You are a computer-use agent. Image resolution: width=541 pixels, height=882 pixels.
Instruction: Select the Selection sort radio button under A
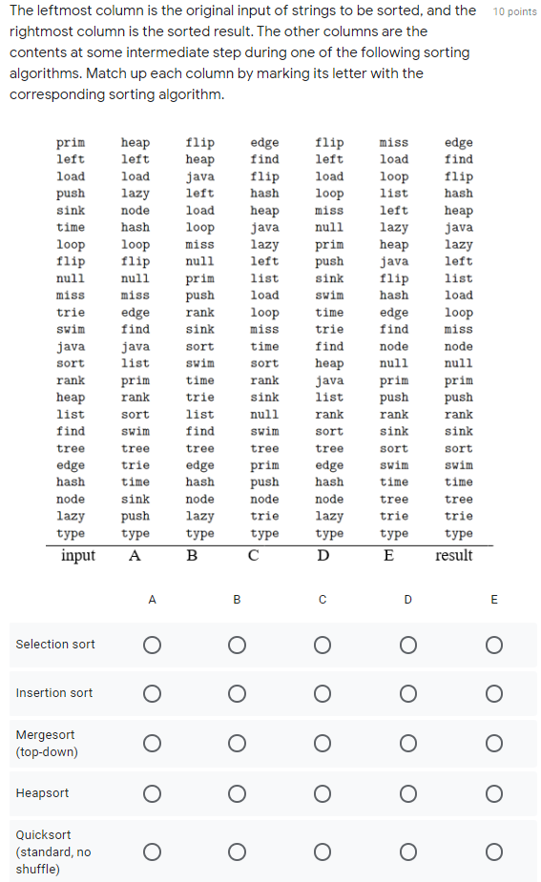pyautogui.click(x=152, y=645)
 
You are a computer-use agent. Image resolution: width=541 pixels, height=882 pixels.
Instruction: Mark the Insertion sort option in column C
pyautogui.click(x=323, y=693)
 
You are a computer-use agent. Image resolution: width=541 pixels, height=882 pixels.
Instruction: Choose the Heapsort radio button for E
pyautogui.click(x=493, y=793)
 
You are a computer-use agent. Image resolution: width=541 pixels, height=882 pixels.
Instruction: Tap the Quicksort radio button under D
pyautogui.click(x=407, y=851)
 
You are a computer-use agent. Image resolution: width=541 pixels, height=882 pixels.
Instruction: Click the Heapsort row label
pyautogui.click(x=42, y=793)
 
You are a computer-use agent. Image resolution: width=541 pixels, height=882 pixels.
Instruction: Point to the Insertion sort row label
pyautogui.click(x=54, y=693)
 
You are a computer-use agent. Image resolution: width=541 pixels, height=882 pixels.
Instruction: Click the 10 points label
pyautogui.click(x=515, y=11)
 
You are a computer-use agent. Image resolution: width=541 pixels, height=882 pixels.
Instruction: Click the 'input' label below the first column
pyautogui.click(x=77, y=556)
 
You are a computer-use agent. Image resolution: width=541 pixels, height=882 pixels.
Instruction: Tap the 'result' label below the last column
pyautogui.click(x=453, y=556)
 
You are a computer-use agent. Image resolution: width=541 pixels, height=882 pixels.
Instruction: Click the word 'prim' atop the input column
pyautogui.click(x=71, y=143)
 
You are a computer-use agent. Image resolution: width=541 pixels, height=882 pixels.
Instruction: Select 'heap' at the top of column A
pyautogui.click(x=135, y=143)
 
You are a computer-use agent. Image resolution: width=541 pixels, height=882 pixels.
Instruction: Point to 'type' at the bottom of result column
pyautogui.click(x=459, y=534)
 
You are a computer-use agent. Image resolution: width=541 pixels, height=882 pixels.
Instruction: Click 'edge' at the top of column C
pyautogui.click(x=264, y=143)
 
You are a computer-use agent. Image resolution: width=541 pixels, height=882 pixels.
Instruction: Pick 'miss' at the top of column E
pyautogui.click(x=394, y=143)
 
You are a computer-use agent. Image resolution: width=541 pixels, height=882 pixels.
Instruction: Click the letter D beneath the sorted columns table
pyautogui.click(x=323, y=556)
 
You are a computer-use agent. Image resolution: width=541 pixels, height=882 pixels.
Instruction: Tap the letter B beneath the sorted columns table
pyautogui.click(x=192, y=556)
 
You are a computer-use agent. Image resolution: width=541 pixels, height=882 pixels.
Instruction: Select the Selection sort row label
pyautogui.click(x=55, y=645)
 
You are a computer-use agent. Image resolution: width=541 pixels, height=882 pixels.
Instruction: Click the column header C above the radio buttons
pyautogui.click(x=323, y=600)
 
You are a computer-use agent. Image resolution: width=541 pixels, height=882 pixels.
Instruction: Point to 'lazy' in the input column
pyautogui.click(x=71, y=517)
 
